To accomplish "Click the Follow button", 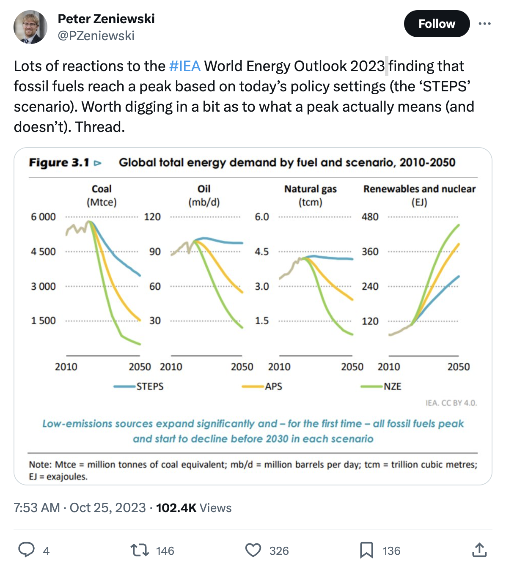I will click(437, 24).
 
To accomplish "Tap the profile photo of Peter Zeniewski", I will click(30, 27).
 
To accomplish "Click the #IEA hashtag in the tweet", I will click(184, 66).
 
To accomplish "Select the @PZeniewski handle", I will click(96, 36).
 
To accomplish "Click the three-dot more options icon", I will click(484, 24).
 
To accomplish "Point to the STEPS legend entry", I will click(139, 386).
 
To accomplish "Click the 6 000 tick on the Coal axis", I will click(43, 217).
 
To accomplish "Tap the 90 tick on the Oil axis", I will click(155, 252).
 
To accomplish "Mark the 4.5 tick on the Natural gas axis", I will click(261, 252).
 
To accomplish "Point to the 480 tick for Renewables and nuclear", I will click(370, 217).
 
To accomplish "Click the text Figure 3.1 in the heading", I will click(59, 163).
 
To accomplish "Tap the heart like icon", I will click(253, 550).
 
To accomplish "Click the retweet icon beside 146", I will click(139, 550).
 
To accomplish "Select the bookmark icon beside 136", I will click(366, 550).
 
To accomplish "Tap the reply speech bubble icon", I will click(26, 550).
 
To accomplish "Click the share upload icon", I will click(479, 550).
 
